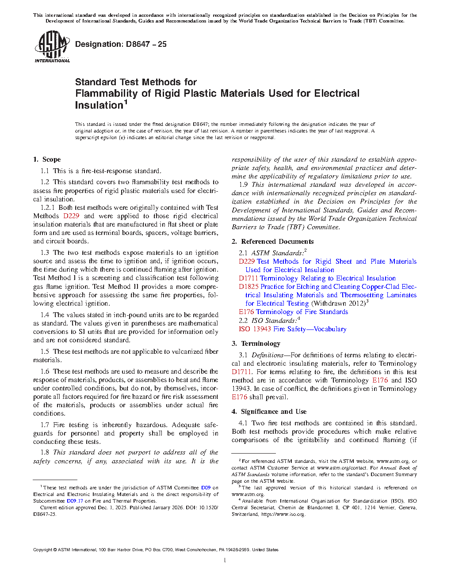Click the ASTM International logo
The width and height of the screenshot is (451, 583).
(x=52, y=46)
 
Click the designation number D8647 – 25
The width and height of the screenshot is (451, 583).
(x=121, y=44)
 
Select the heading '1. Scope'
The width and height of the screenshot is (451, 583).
(x=47, y=159)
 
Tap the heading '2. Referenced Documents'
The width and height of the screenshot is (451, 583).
(x=273, y=242)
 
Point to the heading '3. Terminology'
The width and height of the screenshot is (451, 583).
(x=256, y=344)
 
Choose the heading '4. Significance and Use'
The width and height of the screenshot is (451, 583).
(x=269, y=412)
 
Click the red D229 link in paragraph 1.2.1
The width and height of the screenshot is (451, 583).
(x=71, y=216)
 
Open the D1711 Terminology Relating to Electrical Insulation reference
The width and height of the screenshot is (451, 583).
(x=317, y=278)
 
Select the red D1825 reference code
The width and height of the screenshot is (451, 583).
(x=248, y=287)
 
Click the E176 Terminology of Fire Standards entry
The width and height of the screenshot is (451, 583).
(x=293, y=312)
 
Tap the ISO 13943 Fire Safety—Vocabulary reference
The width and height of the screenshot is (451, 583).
(x=292, y=329)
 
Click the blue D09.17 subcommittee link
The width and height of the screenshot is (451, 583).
(x=75, y=501)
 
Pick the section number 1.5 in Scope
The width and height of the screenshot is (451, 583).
(x=45, y=352)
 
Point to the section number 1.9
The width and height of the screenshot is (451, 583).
(x=243, y=185)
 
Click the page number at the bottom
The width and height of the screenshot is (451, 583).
(x=225, y=560)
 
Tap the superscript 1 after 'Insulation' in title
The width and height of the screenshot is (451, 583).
(x=126, y=102)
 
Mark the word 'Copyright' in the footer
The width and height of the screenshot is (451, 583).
(x=42, y=550)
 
